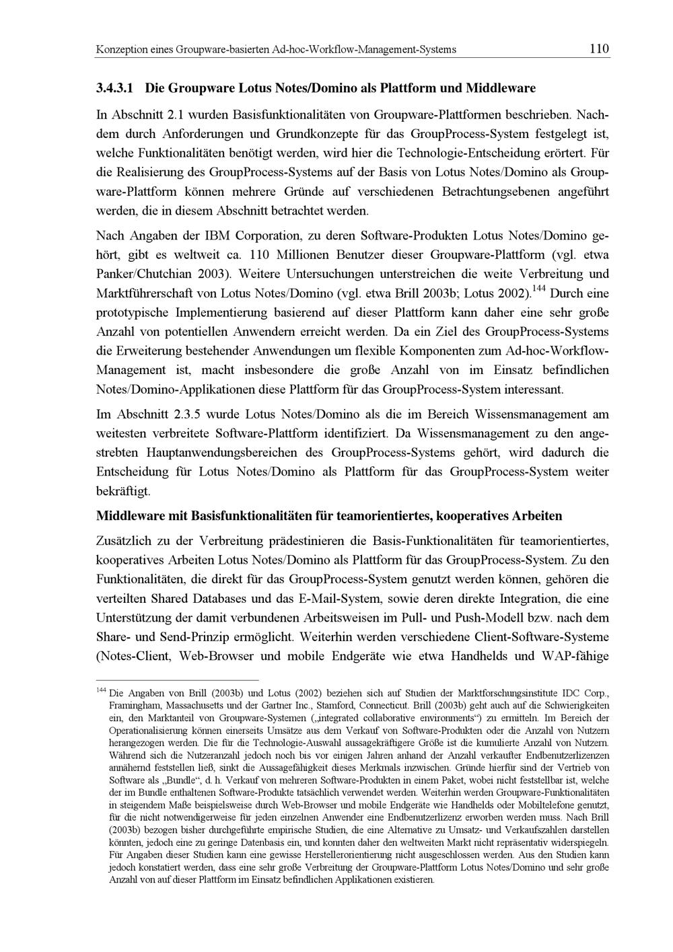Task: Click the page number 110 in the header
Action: point(598,48)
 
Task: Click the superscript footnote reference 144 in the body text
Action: point(539,289)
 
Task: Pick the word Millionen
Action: point(302,256)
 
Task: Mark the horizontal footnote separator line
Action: point(178,681)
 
